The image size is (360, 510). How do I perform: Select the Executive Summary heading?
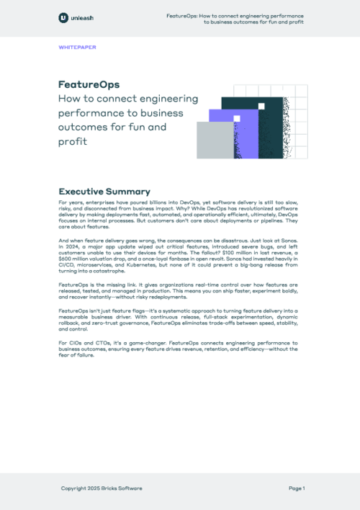click(x=104, y=192)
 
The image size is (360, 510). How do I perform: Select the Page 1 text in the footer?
click(x=297, y=488)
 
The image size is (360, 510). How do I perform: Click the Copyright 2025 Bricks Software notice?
click(x=102, y=488)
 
